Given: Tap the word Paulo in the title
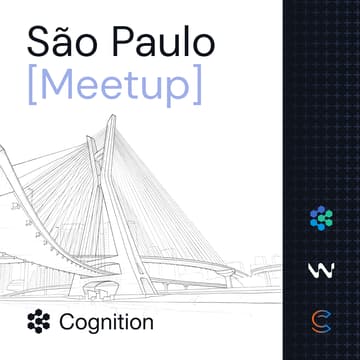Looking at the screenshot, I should tap(161, 44).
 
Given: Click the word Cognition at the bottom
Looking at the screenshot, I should tap(106, 323).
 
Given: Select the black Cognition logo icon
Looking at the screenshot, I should tap(39, 322).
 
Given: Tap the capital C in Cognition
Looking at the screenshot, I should tap(67, 323).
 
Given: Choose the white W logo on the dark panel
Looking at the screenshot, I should tap(320, 270).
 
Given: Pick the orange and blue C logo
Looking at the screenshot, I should tap(320, 322).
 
